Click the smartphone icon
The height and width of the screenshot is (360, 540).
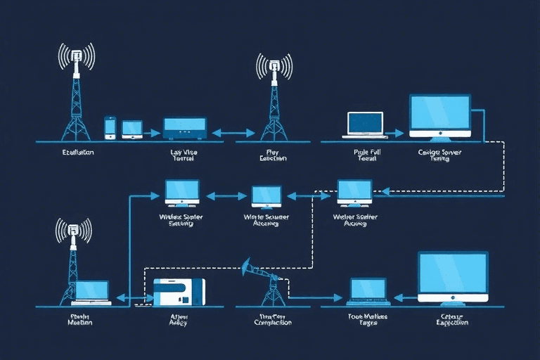point(110,127)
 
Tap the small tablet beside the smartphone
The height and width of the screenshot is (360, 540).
point(131,128)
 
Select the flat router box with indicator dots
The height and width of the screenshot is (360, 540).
point(185,128)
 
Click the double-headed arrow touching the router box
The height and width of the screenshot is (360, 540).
point(233,132)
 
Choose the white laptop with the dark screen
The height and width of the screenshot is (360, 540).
point(365,124)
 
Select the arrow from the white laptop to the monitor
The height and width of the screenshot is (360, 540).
point(395,132)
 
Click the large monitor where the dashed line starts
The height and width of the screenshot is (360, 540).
point(440,116)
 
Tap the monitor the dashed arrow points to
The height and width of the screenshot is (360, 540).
point(354,192)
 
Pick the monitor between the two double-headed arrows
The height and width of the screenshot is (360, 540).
point(266,196)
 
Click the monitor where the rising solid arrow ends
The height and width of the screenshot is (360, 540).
point(182,192)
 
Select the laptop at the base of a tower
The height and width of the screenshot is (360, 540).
point(91,292)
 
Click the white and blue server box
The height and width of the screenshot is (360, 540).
point(179,292)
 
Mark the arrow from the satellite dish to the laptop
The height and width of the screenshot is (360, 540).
point(313,298)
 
